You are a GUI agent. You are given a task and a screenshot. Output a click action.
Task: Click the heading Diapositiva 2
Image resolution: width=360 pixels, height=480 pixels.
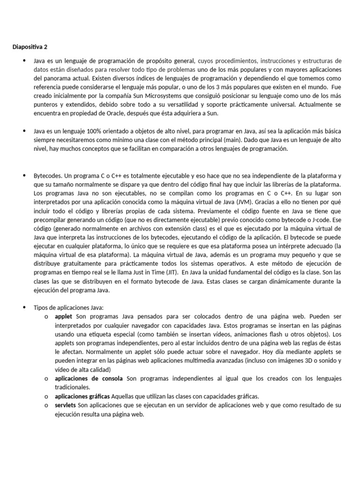[x=30, y=47]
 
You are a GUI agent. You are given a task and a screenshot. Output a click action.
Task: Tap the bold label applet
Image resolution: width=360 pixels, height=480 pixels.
[x=63, y=316]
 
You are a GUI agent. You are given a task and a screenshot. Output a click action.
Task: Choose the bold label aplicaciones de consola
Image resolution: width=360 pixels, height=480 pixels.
[x=89, y=378]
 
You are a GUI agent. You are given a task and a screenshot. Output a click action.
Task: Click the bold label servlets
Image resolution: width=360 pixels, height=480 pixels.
[x=66, y=405]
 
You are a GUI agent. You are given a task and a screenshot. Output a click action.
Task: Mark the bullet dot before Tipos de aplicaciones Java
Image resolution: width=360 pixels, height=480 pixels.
[x=23, y=307]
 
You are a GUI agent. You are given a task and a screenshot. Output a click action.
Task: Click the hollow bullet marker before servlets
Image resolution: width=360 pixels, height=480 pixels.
[x=45, y=405]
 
